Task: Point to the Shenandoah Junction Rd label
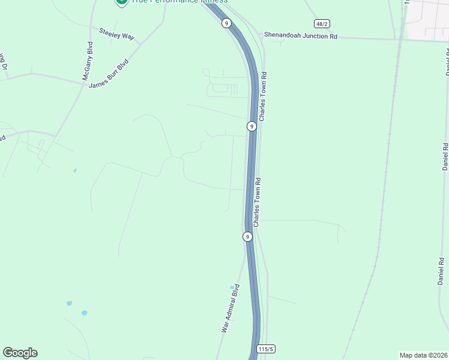tap(300, 36)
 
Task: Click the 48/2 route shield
tap(321, 23)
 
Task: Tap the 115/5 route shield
tap(265, 349)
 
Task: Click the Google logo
tap(20, 353)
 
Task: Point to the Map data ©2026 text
tap(424, 355)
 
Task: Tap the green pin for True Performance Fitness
tap(121, 2)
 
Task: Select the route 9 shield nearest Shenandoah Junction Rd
tap(226, 23)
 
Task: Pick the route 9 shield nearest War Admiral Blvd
tap(247, 236)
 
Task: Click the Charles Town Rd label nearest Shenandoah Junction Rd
tap(263, 96)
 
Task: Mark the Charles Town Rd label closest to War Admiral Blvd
tap(257, 202)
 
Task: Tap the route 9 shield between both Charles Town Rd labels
tap(252, 126)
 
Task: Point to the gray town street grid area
tap(428, 18)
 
